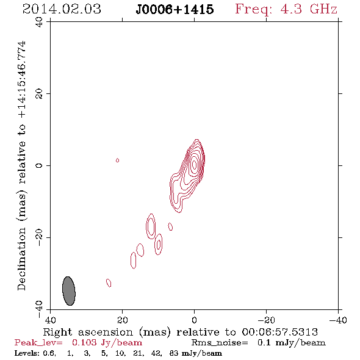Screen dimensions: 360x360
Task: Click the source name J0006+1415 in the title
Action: (175, 10)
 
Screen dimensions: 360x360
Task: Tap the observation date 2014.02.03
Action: (62, 9)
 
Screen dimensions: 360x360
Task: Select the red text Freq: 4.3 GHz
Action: (286, 9)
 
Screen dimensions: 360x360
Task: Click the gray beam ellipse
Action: (69, 291)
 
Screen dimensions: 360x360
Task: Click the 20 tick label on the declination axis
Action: (39, 94)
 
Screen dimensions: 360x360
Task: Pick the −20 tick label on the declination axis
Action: (39, 237)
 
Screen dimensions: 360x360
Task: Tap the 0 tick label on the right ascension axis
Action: (194, 320)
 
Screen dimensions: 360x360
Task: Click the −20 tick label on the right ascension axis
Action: (266, 320)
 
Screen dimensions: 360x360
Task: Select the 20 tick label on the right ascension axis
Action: (123, 320)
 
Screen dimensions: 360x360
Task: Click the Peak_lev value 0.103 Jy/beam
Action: (107, 343)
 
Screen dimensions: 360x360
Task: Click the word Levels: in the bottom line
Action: (27, 353)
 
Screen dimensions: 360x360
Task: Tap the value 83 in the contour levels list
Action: (173, 353)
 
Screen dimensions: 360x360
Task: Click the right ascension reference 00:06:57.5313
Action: (280, 332)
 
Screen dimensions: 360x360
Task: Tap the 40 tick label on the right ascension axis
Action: (50, 320)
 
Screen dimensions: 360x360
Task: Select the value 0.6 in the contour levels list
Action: (49, 353)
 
